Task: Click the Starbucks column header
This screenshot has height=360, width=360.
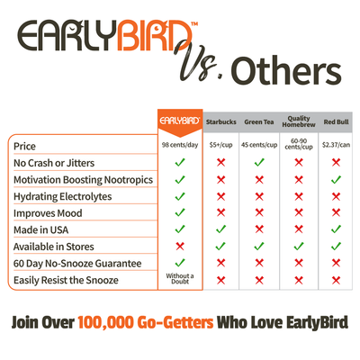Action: (221, 122)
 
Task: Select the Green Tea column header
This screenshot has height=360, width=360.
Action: (259, 122)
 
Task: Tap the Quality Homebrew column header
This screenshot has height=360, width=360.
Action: (299, 121)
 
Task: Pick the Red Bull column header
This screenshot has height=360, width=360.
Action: (336, 122)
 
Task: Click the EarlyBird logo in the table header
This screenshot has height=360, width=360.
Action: (180, 121)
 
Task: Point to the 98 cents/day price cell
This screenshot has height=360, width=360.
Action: (180, 145)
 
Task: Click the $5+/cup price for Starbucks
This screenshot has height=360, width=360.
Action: (221, 145)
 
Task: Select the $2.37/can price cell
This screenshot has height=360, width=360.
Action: (336, 145)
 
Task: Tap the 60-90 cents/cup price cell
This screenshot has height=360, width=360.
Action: (299, 144)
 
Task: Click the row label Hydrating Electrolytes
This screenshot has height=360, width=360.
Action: (63, 196)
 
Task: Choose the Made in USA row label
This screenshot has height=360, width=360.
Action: (41, 229)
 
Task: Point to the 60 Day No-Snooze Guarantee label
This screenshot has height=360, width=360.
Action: (77, 264)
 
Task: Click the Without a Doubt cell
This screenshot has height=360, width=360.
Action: (180, 279)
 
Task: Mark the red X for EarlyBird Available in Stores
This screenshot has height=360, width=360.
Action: (180, 247)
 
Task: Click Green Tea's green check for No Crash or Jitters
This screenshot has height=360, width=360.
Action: (259, 162)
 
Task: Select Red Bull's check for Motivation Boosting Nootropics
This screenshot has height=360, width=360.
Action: (336, 179)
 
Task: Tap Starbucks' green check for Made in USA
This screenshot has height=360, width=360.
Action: (220, 229)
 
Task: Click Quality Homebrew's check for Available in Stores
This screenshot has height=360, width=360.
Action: (299, 247)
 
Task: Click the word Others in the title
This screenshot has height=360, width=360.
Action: (286, 72)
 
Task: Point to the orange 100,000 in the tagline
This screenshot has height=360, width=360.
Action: (105, 323)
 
